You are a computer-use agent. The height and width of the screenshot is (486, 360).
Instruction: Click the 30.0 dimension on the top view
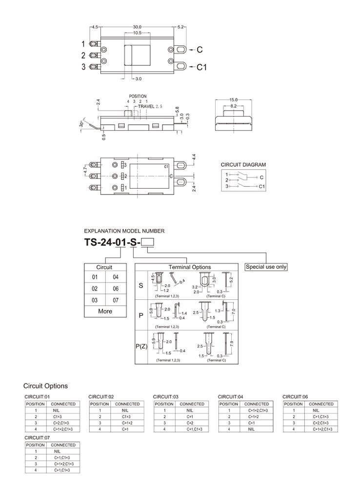pyautogui.click(x=137, y=27)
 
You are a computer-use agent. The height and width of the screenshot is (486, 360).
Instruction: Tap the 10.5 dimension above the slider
pyautogui.click(x=137, y=33)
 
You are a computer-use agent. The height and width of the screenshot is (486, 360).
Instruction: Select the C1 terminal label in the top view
pyautogui.click(x=202, y=67)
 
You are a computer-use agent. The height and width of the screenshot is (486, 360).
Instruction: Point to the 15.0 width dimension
pyautogui.click(x=233, y=100)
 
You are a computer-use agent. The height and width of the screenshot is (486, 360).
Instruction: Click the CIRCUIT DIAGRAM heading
pyautogui.click(x=243, y=165)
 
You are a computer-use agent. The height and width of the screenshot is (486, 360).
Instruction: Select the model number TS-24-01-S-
pyautogui.click(x=112, y=242)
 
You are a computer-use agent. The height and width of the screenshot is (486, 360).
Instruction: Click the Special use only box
pyautogui.click(x=266, y=267)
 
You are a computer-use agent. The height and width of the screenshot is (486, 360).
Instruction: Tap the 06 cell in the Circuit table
pyautogui.click(x=116, y=289)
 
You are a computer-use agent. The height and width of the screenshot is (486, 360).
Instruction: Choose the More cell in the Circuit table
pyautogui.click(x=105, y=311)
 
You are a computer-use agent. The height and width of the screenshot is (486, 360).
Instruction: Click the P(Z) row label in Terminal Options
pyautogui.click(x=141, y=347)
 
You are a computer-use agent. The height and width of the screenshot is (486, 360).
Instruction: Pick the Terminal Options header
pyautogui.click(x=190, y=267)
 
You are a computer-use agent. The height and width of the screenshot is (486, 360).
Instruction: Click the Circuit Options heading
pyautogui.click(x=46, y=386)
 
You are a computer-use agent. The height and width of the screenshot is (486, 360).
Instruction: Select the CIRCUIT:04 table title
pyautogui.click(x=230, y=397)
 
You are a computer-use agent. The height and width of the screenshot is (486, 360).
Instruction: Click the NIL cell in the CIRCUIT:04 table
pyautogui.click(x=251, y=429)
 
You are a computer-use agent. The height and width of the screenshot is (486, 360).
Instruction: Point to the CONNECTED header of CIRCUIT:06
pyautogui.click(x=321, y=404)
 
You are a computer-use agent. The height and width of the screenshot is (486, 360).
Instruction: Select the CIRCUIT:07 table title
pyautogui.click(x=37, y=438)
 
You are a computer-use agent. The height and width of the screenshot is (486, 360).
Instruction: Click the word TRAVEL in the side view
pyautogui.click(x=146, y=106)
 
